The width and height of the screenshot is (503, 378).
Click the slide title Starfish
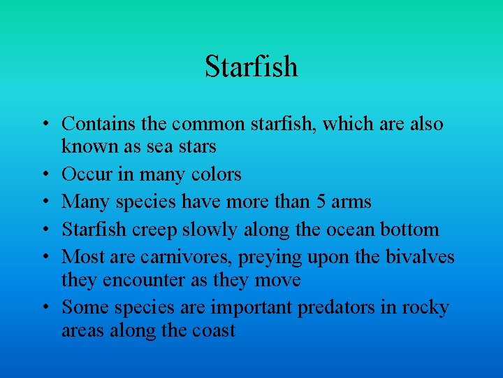click(x=251, y=66)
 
